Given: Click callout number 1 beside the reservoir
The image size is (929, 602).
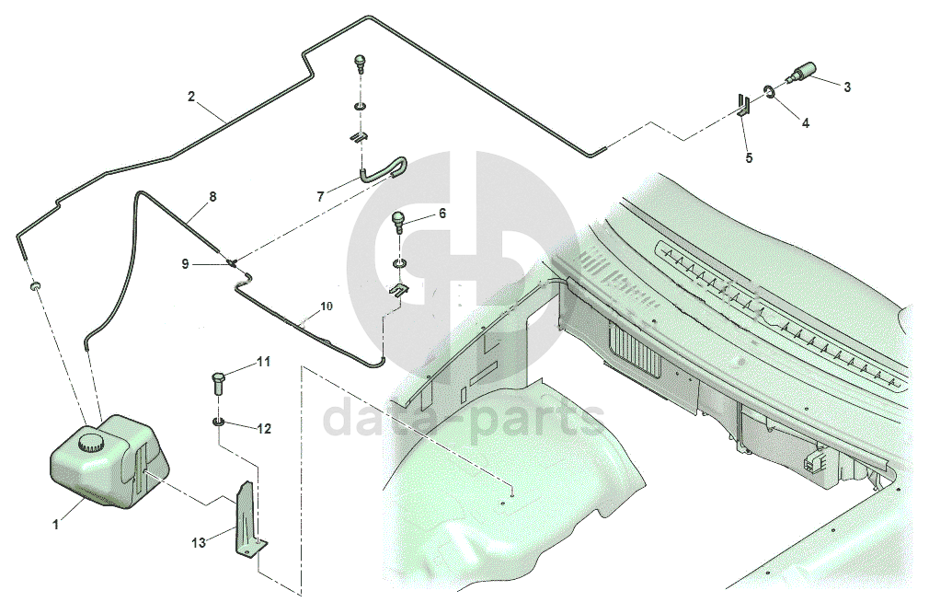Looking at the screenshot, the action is point(56,526).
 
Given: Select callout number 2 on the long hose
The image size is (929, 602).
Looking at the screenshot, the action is point(191,97).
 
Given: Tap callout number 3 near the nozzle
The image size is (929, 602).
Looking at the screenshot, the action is point(847,87).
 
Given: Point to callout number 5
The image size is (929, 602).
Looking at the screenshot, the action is point(749,158).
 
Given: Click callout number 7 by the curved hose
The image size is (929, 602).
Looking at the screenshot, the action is point(320,196).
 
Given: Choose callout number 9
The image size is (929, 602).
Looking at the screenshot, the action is point(185,264).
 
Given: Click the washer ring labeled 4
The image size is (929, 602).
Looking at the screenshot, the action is point(766,90).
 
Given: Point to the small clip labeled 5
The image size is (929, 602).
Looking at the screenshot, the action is point(744,103).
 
